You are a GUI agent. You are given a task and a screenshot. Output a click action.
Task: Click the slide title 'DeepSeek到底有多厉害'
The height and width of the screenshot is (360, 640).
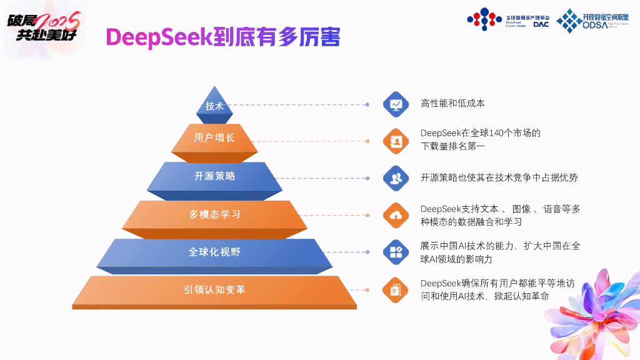(x=223, y=37)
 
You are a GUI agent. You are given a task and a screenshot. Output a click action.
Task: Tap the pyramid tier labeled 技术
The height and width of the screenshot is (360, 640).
(x=214, y=106)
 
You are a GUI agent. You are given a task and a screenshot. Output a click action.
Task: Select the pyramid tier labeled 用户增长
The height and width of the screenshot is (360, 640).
(x=214, y=137)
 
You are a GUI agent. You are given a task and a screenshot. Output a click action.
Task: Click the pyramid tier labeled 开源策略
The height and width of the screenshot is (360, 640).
(x=214, y=176)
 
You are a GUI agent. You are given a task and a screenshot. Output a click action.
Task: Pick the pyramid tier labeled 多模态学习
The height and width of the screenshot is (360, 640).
(x=214, y=214)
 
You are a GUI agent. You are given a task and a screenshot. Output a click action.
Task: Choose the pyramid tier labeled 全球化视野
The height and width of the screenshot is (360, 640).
(x=214, y=252)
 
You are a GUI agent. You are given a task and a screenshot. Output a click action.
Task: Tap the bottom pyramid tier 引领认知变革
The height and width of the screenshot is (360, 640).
(x=214, y=290)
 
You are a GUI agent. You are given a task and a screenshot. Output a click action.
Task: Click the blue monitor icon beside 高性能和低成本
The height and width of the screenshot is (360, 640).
(x=395, y=104)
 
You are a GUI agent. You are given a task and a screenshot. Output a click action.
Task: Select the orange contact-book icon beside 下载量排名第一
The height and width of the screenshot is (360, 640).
(x=395, y=141)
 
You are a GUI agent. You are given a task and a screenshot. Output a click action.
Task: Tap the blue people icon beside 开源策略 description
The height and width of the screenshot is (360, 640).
(x=395, y=177)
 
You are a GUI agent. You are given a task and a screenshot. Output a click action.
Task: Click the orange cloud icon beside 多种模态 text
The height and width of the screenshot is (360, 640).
(x=395, y=215)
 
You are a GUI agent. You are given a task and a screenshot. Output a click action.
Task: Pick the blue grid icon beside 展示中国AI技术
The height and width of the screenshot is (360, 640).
(x=395, y=252)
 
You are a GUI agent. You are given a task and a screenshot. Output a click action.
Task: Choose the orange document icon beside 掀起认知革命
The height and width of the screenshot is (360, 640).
(x=395, y=289)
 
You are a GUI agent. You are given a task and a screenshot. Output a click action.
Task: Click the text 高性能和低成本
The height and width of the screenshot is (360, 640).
(x=452, y=103)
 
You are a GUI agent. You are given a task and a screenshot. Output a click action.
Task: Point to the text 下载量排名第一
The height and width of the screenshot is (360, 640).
(x=452, y=146)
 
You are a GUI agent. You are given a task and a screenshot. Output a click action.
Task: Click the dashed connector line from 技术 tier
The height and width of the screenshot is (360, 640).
(x=300, y=104)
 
